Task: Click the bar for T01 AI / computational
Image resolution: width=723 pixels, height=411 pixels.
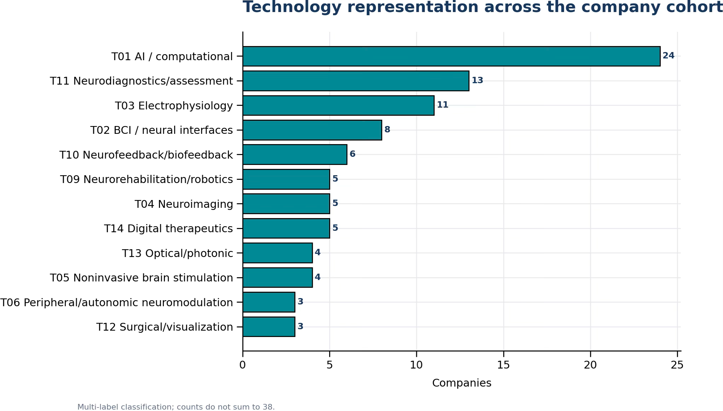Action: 451,56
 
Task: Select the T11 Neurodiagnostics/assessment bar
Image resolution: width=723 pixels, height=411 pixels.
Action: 356,81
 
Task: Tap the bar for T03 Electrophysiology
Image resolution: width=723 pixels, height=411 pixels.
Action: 338,105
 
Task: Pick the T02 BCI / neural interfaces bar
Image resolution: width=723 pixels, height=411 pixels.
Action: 312,130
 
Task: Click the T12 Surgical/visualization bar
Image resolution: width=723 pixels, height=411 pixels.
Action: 269,327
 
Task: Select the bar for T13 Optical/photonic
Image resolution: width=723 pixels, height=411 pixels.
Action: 277,253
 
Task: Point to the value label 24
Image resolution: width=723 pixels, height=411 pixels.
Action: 669,56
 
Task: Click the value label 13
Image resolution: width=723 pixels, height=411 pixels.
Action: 477,80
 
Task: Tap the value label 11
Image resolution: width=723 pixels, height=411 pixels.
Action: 443,105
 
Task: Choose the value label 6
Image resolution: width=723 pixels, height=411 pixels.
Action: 352,154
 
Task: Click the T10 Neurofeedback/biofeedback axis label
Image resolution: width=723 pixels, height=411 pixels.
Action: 146,155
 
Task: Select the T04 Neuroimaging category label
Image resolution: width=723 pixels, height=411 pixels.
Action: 184,204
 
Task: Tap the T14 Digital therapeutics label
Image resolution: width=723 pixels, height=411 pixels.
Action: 168,229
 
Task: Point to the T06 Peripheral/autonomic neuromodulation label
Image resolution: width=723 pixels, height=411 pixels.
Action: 117,303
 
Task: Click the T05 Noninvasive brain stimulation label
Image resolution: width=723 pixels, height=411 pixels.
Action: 142,278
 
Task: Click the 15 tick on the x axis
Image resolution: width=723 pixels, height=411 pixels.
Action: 504,365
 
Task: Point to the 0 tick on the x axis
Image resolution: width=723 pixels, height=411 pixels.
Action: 242,365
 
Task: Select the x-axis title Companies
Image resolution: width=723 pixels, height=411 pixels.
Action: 462,383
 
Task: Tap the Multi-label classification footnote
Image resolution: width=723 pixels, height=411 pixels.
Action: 176,407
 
